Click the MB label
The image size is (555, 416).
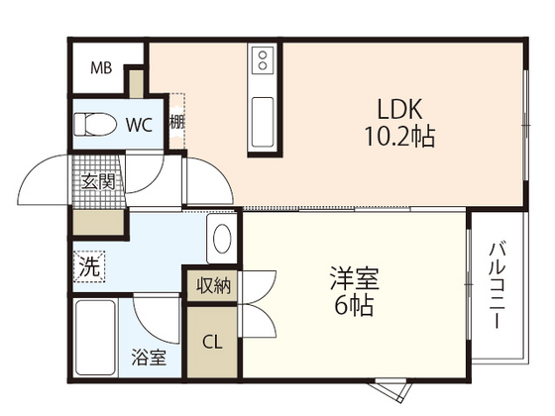click(x=101, y=68)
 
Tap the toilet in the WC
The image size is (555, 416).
click(x=95, y=124)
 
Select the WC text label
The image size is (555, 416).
click(x=140, y=125)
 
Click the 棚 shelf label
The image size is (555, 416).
click(x=177, y=123)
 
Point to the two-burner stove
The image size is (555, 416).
click(x=263, y=60)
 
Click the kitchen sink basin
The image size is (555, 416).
click(x=263, y=122)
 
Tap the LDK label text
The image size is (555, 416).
click(x=400, y=109)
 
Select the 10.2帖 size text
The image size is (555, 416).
click(x=399, y=137)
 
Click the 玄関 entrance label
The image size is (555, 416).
click(x=98, y=182)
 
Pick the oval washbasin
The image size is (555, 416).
click(x=222, y=239)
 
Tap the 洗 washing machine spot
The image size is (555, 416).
click(x=89, y=266)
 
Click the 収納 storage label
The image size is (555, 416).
click(x=214, y=285)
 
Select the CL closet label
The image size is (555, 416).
click(x=212, y=342)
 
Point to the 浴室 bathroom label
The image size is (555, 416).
click(x=149, y=357)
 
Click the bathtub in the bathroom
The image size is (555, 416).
click(x=95, y=338)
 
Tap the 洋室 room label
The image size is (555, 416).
click(x=355, y=278)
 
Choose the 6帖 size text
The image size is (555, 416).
click(x=354, y=306)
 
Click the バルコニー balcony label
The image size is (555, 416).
click(x=497, y=286)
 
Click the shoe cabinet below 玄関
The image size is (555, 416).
click(x=98, y=222)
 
